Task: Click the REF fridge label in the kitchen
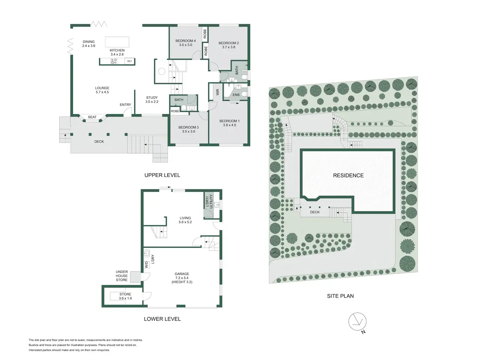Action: coord(129,61)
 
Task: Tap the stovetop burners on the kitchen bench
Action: coord(114,61)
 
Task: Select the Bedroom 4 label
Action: coord(186,40)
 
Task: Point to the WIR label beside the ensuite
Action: coord(217,92)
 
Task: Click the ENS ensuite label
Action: coord(236,95)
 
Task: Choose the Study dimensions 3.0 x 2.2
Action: coord(152,102)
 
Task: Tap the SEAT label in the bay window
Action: coord(92,117)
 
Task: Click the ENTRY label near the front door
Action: coord(125,105)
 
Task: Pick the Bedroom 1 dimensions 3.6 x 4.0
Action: coord(229,125)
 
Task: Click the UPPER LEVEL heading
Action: coord(162,175)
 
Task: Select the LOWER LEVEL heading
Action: coord(162,319)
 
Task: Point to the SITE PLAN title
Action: coord(340,296)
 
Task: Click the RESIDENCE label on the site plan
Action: coord(348,175)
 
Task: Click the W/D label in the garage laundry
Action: coord(147,265)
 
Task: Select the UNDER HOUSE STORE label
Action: coord(121,276)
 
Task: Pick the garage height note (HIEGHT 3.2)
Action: coord(182,282)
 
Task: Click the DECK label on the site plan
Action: coord(315,212)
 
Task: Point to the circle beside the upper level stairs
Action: coord(162,72)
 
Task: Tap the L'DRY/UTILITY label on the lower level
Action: coord(209,201)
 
